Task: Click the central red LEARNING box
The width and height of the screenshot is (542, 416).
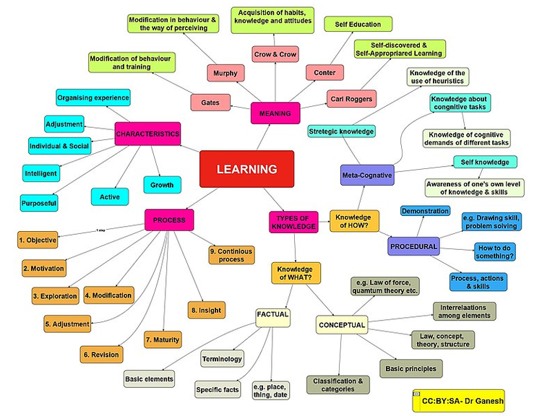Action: coord(246,170)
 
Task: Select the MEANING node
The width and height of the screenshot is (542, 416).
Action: coord(275,113)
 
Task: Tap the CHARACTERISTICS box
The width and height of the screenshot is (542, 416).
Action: coord(147,134)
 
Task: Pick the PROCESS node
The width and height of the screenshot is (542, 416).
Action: coord(169,220)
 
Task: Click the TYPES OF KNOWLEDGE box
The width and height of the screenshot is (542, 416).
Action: coord(293,222)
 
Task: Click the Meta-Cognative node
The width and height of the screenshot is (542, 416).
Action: coord(367,174)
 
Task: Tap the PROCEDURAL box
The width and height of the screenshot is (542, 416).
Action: coord(413,246)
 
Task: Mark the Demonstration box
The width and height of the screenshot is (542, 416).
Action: coord(425,211)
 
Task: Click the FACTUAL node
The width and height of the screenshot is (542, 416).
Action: coord(273,315)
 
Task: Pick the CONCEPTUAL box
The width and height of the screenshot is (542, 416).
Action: coord(342,325)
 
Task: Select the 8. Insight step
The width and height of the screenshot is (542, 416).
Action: coord(206,310)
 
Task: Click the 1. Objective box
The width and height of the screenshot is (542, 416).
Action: coord(38,239)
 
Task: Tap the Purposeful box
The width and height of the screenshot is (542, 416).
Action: coord(40,203)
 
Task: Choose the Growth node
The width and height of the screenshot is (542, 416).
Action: coord(161,186)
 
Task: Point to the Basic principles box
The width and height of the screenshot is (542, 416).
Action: coord(410,368)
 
